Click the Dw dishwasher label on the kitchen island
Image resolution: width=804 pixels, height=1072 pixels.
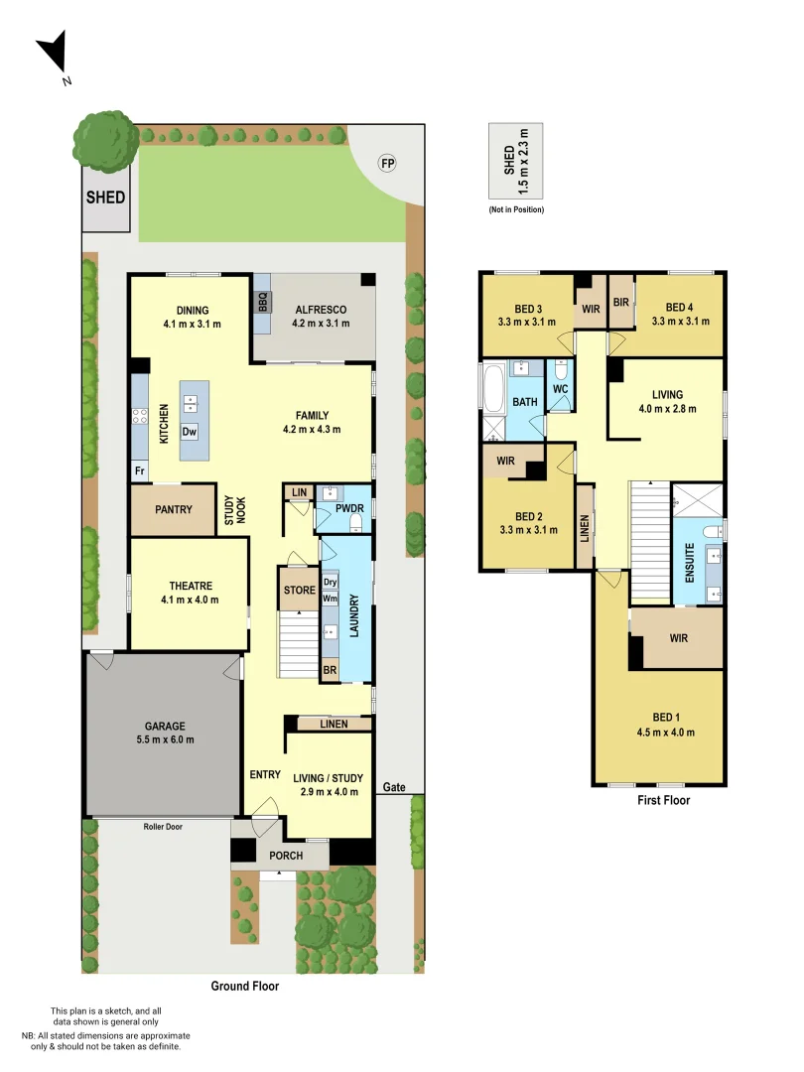[x=190, y=432]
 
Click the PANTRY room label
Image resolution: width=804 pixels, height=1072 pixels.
[x=174, y=509]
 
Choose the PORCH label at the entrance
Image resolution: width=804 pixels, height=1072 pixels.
[x=287, y=856]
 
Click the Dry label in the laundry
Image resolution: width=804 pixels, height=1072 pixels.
[x=331, y=583]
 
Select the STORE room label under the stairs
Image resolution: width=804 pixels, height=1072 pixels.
[x=299, y=591]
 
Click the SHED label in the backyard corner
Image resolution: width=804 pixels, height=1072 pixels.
[x=105, y=198]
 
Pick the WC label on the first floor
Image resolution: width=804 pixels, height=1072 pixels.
[x=560, y=390]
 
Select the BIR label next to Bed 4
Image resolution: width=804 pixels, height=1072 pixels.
[x=621, y=302]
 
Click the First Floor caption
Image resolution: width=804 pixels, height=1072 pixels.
[x=663, y=799]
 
